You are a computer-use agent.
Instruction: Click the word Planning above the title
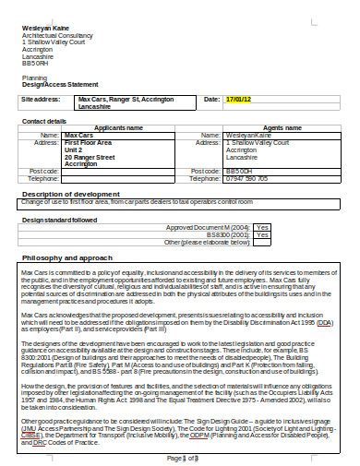[34, 78]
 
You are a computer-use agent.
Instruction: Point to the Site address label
[41, 98]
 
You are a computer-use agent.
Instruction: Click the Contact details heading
[44, 121]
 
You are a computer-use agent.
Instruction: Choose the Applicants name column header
[118, 128]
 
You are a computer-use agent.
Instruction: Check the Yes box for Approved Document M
[263, 227]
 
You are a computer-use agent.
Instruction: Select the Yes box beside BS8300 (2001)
[263, 234]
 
